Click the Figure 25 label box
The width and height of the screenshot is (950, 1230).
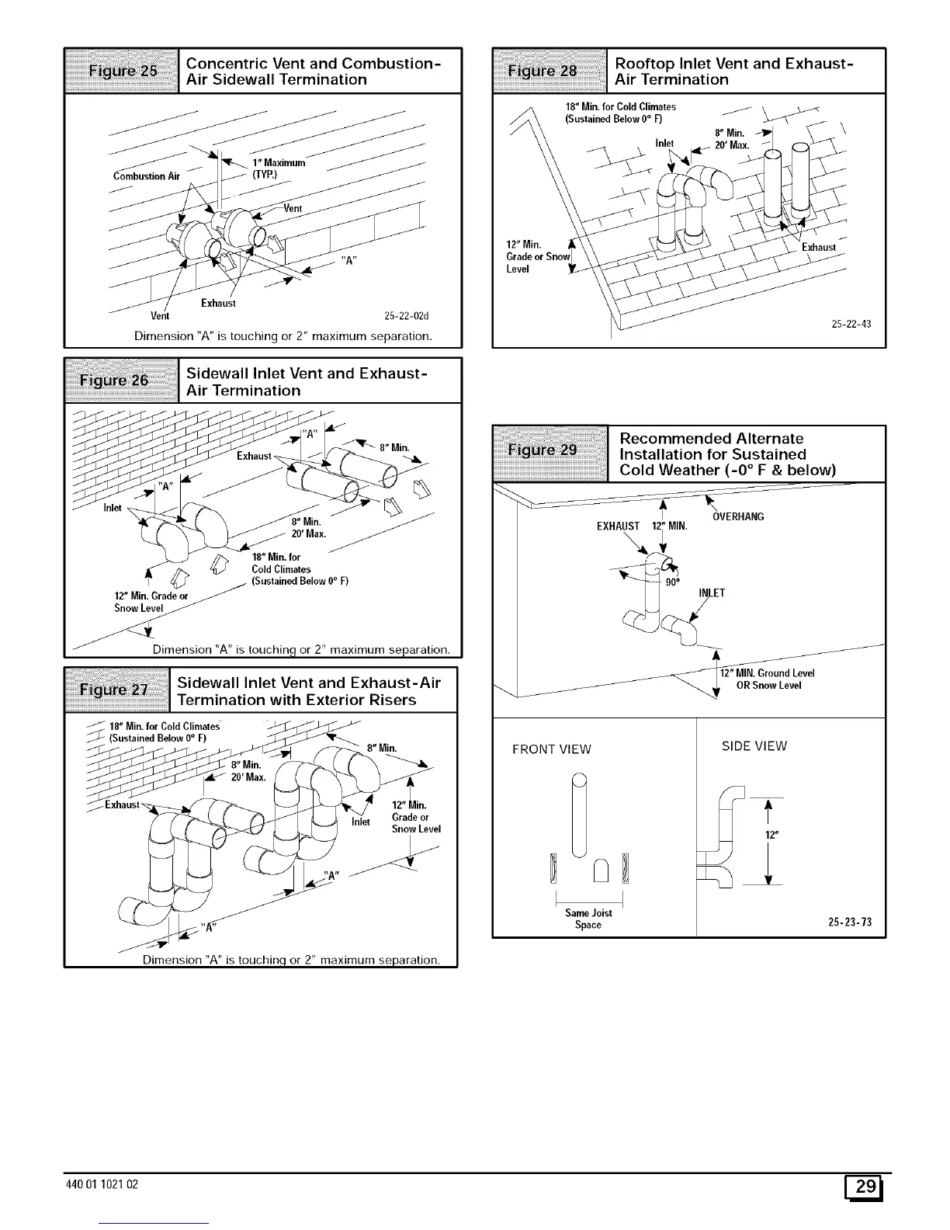pyautogui.click(x=122, y=71)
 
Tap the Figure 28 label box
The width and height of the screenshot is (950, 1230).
pyautogui.click(x=550, y=71)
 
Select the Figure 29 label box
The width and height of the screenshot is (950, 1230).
pyautogui.click(x=551, y=450)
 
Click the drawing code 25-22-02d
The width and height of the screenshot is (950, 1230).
pyautogui.click(x=407, y=316)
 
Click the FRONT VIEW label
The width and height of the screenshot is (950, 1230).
pyautogui.click(x=551, y=749)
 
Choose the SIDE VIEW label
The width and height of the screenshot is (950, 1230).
pyautogui.click(x=754, y=746)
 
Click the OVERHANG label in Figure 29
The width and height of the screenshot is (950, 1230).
pyautogui.click(x=737, y=516)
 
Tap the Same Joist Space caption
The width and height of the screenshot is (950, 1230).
pyautogui.click(x=588, y=919)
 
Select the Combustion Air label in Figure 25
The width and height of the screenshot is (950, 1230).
pyautogui.click(x=146, y=175)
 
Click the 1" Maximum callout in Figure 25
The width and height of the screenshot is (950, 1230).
pyautogui.click(x=279, y=162)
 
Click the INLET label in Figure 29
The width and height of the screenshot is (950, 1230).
pyautogui.click(x=711, y=593)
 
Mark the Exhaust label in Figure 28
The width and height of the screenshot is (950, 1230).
pyautogui.click(x=819, y=247)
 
